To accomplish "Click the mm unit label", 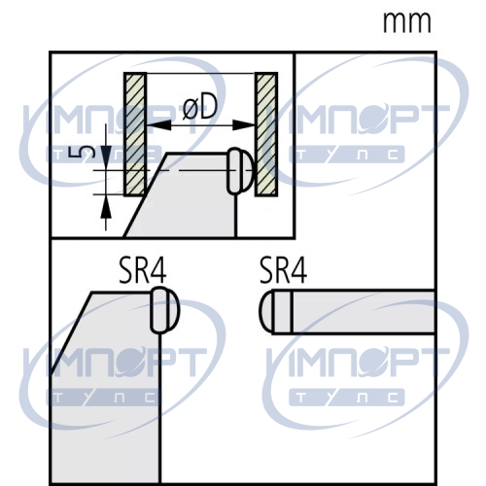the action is point(407,22).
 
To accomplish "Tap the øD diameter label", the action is point(199,108).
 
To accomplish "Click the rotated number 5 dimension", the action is point(87,152).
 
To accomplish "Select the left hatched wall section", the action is point(135,134).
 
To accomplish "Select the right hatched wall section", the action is point(266,134).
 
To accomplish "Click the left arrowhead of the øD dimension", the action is point(159,125).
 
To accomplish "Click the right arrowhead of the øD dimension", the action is point(244,125).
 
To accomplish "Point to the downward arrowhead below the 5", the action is point(106,157).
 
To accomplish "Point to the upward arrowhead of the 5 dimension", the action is point(106,206).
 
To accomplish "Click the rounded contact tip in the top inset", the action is point(240,171).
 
